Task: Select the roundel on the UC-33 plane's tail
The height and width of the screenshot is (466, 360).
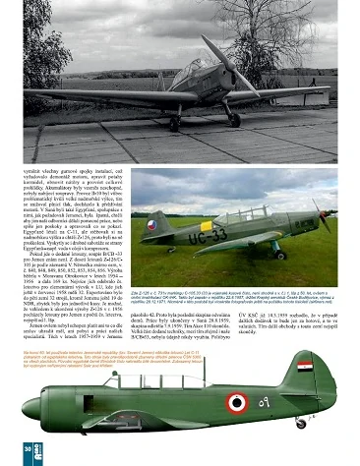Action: [151, 226]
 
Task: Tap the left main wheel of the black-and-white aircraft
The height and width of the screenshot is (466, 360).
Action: [173, 122]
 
